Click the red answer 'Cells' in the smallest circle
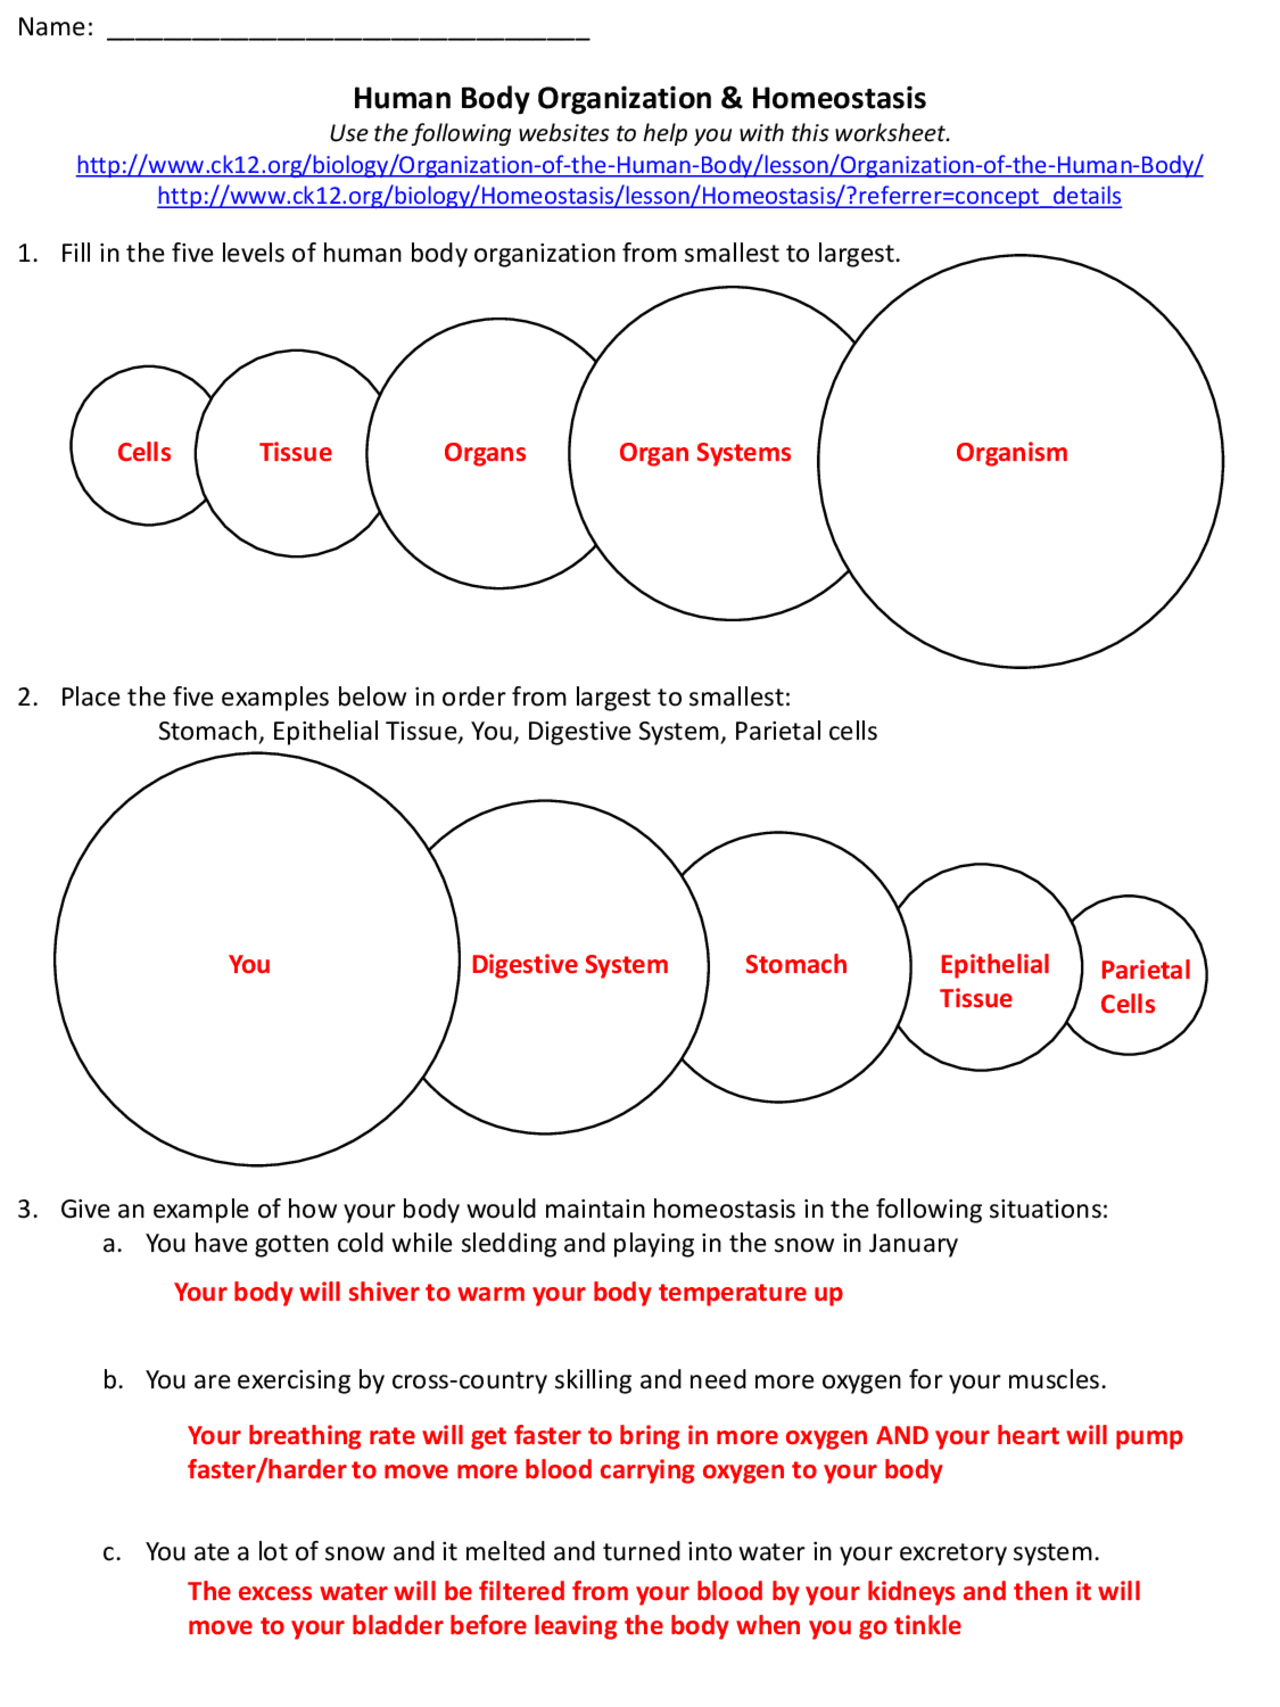click(144, 453)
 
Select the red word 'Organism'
click(1011, 453)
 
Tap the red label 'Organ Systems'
click(705, 453)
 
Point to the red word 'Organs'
click(485, 453)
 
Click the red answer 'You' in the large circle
click(249, 965)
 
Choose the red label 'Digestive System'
click(570, 965)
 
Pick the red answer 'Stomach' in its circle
click(796, 965)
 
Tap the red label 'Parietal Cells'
click(1144, 987)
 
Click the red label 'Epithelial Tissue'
click(994, 981)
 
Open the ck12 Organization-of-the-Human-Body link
click(640, 165)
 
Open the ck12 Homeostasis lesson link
click(640, 196)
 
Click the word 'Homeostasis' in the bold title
click(838, 99)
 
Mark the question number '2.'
click(28, 697)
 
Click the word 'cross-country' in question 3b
click(468, 1380)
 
